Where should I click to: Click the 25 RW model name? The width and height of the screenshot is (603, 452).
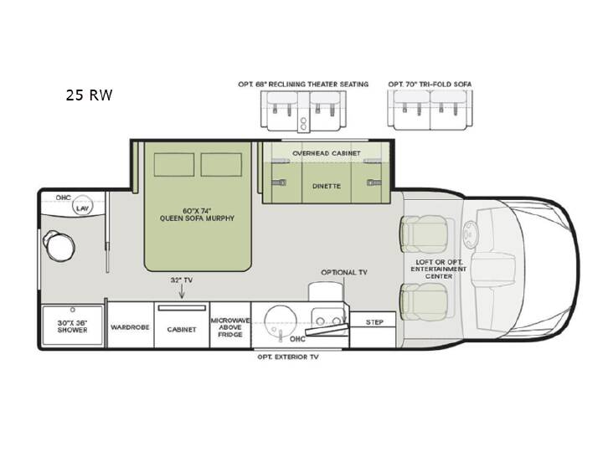point(89,95)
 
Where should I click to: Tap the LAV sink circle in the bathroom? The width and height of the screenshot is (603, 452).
point(82,206)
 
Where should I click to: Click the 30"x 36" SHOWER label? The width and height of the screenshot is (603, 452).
point(72,326)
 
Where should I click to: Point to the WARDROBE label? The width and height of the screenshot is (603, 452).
point(130,327)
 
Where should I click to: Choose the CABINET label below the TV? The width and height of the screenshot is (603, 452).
point(182,330)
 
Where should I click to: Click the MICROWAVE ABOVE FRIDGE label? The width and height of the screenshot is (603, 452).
point(230,327)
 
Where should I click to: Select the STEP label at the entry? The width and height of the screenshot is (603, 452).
point(374,322)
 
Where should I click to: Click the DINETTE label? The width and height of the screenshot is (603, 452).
point(326,186)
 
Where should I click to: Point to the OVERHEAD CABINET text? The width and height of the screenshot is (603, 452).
point(327,153)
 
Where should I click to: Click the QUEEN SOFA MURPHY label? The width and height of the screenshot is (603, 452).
point(197,218)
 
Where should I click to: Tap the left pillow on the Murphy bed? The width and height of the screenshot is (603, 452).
point(174,165)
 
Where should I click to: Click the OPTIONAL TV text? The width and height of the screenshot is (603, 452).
point(344,272)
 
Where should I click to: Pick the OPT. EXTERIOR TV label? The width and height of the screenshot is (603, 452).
point(288,357)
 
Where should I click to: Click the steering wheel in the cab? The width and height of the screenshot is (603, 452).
point(469,234)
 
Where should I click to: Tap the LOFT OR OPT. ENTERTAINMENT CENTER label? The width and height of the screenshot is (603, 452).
point(438,269)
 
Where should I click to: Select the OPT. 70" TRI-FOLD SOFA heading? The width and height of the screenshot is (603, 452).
point(430,85)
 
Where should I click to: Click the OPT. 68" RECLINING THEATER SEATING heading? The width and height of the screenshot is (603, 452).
point(303,85)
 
